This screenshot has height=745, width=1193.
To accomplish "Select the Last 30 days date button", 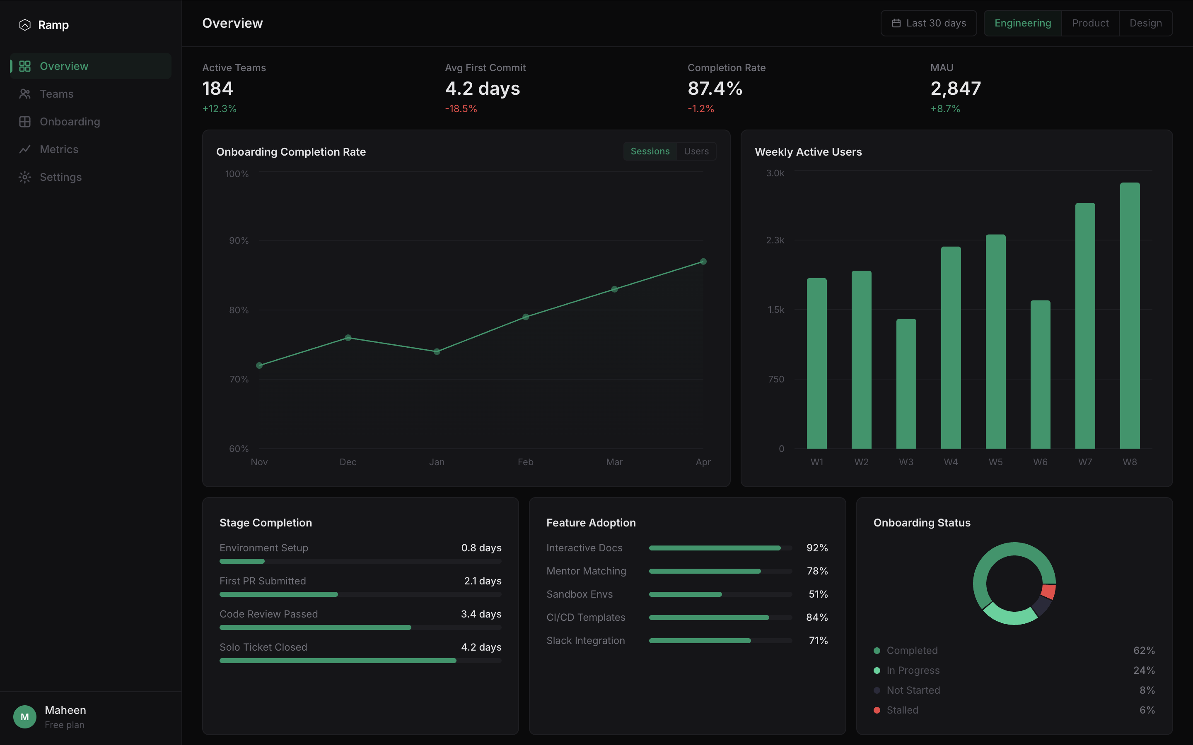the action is point(929,23).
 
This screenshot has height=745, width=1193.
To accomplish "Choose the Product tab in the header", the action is point(1090,23).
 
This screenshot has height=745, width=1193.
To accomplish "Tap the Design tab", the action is point(1146,23).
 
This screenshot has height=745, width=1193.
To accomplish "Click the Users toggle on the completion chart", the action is point(696,151).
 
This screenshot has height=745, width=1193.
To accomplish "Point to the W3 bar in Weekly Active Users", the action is point(906,384).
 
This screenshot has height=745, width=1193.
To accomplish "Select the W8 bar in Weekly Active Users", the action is point(1130,316).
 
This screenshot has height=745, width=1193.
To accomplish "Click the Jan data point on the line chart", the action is point(437,351).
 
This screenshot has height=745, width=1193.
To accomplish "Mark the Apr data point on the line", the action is point(703,262).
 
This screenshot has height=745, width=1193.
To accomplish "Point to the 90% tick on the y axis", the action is point(239,240).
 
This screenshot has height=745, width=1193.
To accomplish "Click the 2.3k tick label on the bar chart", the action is point(775,240).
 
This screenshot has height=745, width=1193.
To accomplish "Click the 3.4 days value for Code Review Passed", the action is point(481,614).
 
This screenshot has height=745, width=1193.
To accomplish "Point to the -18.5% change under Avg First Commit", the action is point(461,109).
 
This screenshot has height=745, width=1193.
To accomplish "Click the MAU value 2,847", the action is point(955,89).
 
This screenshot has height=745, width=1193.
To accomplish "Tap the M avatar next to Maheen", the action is point(25,717).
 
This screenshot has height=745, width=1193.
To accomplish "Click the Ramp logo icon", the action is point(25,25).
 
